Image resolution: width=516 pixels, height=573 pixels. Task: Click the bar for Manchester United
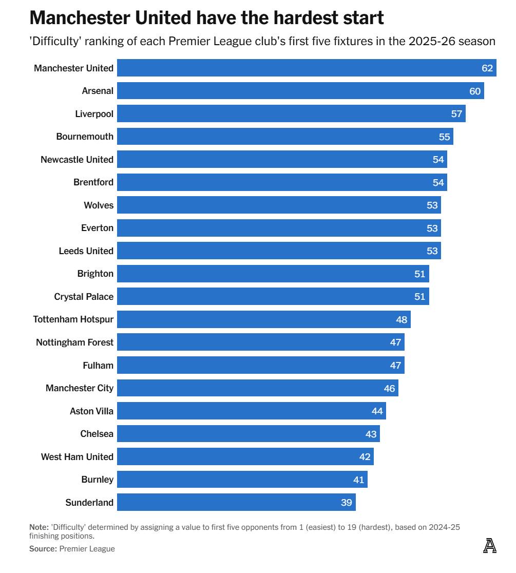pyautogui.click(x=307, y=68)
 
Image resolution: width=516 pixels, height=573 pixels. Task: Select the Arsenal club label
pyautogui.click(x=98, y=91)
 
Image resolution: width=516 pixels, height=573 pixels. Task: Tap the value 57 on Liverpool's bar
pyautogui.click(x=456, y=113)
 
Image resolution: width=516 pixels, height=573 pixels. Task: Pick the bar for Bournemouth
pyautogui.click(x=285, y=137)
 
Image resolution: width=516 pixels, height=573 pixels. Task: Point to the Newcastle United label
pyautogui.click(x=77, y=160)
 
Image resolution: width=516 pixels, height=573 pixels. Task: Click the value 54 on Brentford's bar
pyautogui.click(x=438, y=182)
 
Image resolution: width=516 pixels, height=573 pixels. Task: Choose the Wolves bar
pyautogui.click(x=279, y=205)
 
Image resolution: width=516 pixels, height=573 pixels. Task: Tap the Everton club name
pyautogui.click(x=97, y=228)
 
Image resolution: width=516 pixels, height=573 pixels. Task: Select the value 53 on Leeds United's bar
pyautogui.click(x=432, y=251)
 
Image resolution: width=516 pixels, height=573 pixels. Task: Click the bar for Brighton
pyautogui.click(x=273, y=274)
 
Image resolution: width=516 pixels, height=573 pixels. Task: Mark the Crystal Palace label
pyautogui.click(x=84, y=297)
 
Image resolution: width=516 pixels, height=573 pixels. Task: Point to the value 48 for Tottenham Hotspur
pyautogui.click(x=402, y=319)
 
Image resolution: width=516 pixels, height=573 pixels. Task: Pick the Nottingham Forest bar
pyautogui.click(x=260, y=342)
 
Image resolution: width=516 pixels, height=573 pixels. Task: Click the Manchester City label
pyautogui.click(x=80, y=388)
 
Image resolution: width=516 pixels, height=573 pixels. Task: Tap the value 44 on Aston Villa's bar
pyautogui.click(x=377, y=411)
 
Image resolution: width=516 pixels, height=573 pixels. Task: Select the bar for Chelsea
pyautogui.click(x=248, y=434)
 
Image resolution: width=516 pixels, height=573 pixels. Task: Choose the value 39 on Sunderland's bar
pyautogui.click(x=347, y=502)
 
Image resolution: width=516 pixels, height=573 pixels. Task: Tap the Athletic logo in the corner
pyautogui.click(x=490, y=545)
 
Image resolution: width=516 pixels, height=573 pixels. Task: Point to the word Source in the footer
pyautogui.click(x=42, y=549)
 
